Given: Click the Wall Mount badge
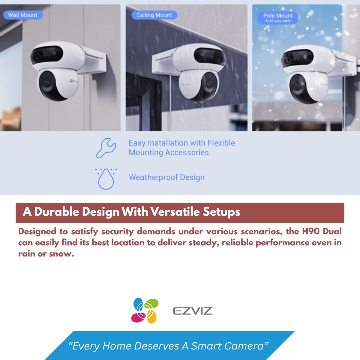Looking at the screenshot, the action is point(23,15).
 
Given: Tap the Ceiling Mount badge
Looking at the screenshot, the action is point(154,15).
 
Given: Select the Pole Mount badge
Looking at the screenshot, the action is point(277,18).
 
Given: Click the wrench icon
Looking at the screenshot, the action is point(106,148).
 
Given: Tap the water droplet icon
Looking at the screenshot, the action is point(106,179).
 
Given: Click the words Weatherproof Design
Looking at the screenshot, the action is point(166,177).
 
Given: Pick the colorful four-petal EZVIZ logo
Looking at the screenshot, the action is point(145,310).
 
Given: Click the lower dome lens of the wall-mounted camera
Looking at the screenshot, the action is point(48,85).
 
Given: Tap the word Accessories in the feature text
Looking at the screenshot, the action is point(187,152).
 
